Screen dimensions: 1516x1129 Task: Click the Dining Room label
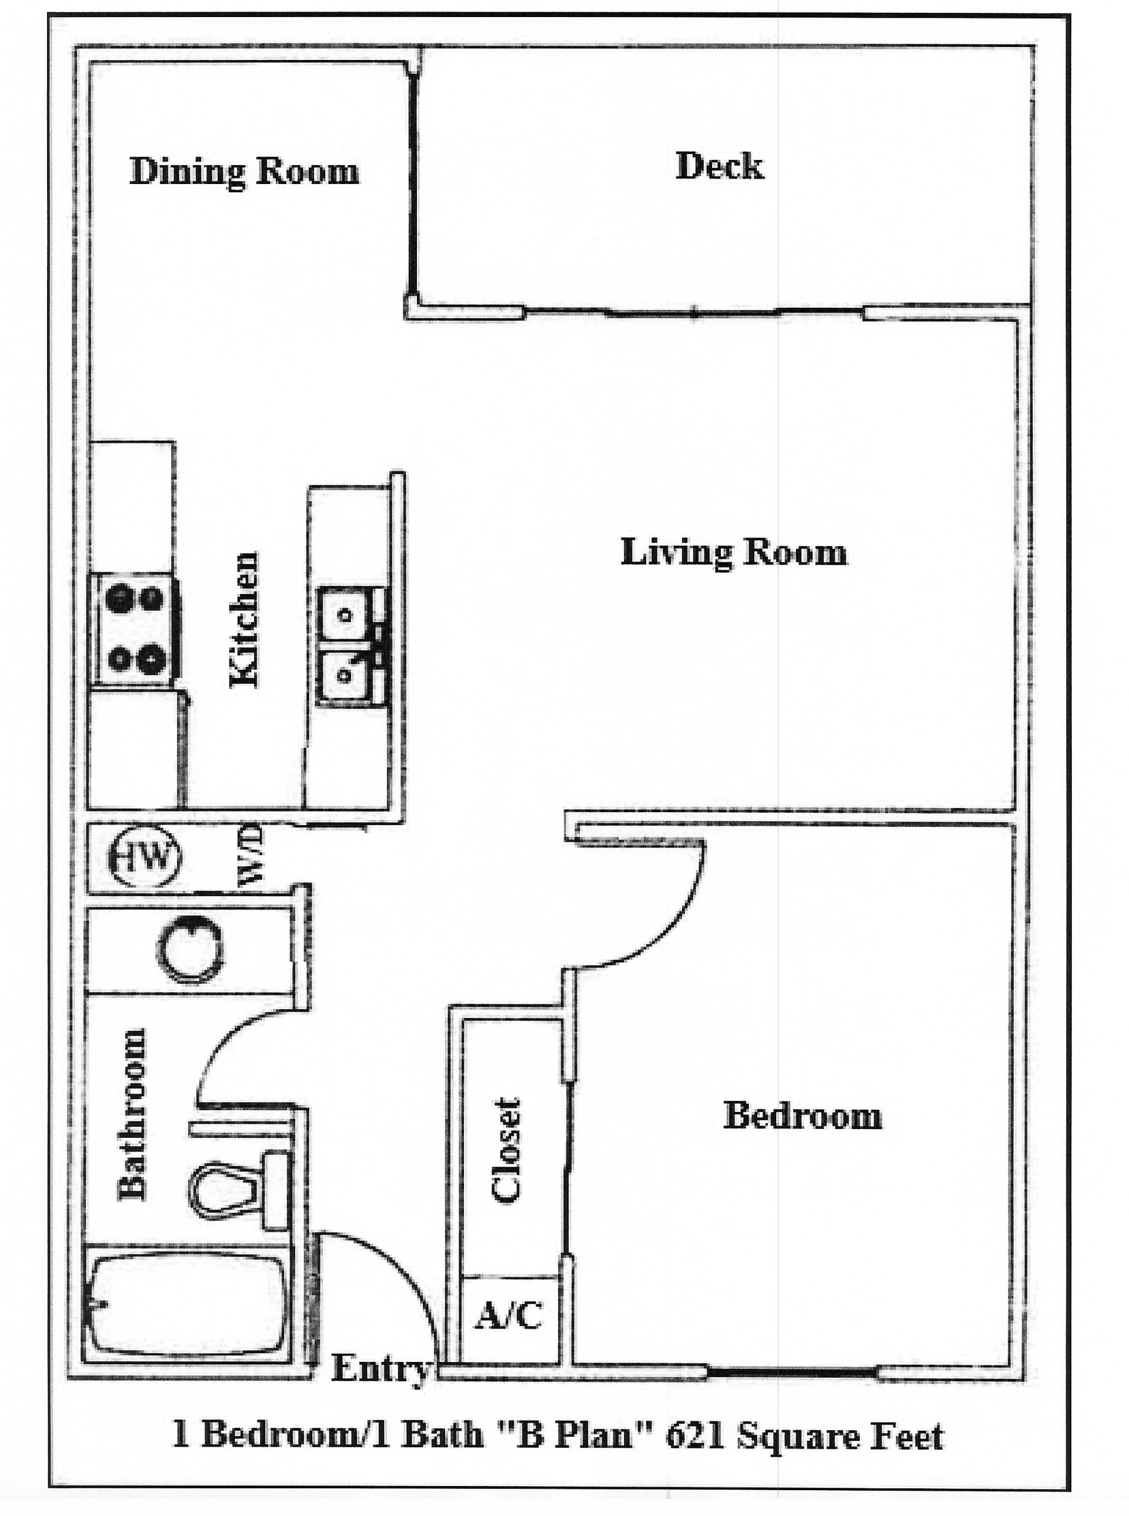click(x=244, y=171)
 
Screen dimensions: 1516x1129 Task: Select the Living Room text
click(x=733, y=552)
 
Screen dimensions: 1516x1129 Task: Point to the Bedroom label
click(x=802, y=1116)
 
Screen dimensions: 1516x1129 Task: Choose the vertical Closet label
click(x=507, y=1150)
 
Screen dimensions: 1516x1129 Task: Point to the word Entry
click(x=380, y=1368)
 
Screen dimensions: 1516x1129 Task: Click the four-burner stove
click(x=135, y=629)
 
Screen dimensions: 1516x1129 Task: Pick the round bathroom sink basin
click(x=190, y=950)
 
